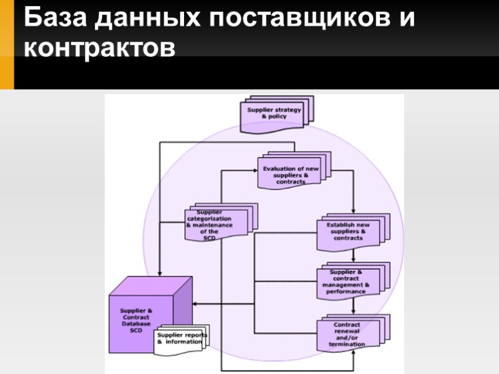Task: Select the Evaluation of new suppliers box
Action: tap(291, 175)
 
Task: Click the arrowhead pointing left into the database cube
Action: tap(195, 304)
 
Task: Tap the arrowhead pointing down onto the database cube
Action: tap(160, 274)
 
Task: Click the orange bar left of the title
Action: tap(6, 44)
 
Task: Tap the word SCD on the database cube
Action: tap(136, 330)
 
